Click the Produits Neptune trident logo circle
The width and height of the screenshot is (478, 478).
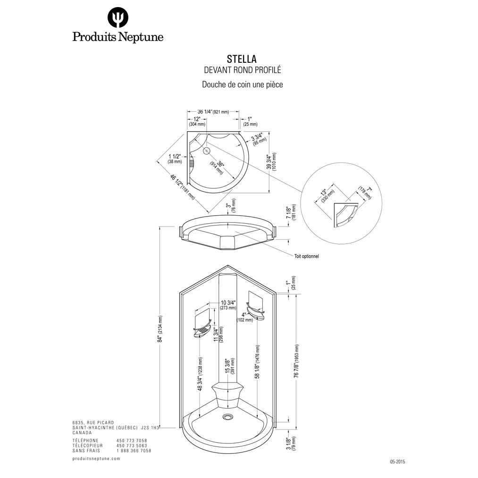click(x=117, y=17)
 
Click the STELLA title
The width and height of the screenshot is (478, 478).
click(x=242, y=59)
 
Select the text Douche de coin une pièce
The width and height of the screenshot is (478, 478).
click(x=243, y=84)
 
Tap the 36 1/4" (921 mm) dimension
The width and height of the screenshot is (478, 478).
click(x=213, y=112)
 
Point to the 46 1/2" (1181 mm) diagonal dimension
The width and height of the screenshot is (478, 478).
click(x=182, y=186)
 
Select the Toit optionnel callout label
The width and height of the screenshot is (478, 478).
click(x=306, y=256)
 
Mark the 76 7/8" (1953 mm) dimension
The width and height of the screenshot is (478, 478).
click(x=297, y=361)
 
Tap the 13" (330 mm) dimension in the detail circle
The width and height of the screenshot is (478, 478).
click(x=327, y=195)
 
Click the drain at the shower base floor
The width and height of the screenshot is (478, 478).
click(x=227, y=416)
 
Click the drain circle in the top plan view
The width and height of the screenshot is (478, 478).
click(x=207, y=151)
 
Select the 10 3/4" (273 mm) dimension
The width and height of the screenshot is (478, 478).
click(x=228, y=305)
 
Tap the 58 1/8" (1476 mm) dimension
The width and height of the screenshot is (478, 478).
click(x=258, y=362)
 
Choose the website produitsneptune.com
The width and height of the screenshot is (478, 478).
click(x=96, y=459)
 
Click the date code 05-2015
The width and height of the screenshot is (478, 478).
click(x=397, y=462)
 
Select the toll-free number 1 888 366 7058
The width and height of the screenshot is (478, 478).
click(x=134, y=451)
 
